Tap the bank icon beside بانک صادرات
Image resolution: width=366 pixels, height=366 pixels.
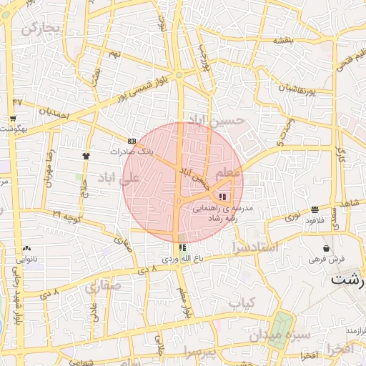click(132, 141)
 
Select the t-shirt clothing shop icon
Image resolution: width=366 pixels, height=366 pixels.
click(86, 154)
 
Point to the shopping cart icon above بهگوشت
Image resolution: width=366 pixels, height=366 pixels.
click(13, 119)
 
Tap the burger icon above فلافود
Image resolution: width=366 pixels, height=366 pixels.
click(315, 209)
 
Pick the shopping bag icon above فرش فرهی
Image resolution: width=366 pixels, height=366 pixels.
click(326, 248)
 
